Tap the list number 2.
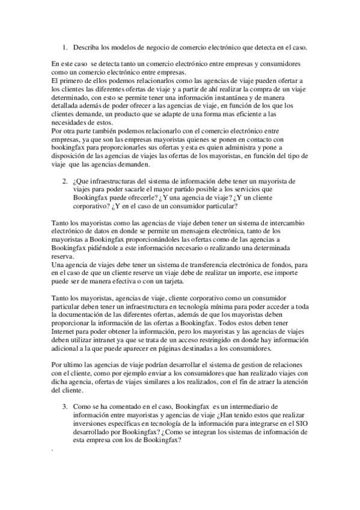64,180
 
